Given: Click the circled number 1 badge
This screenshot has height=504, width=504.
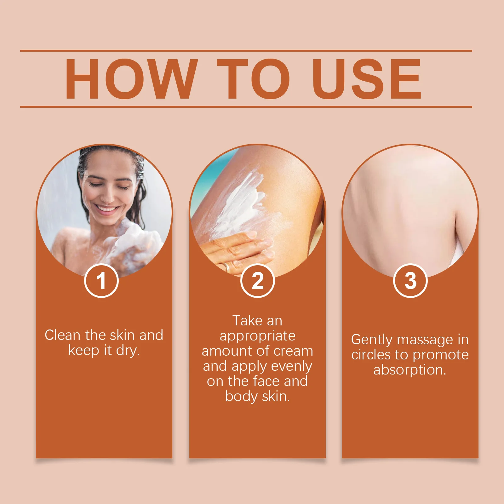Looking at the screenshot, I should click(101, 281).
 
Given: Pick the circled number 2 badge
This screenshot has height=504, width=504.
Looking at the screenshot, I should click(257, 281).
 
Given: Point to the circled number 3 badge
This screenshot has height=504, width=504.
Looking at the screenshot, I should click(410, 281).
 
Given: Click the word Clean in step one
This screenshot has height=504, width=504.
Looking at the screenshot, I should click(62, 335).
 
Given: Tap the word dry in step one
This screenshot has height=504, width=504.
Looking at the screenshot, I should click(127, 350).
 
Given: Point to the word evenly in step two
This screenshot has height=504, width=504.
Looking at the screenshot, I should click(291, 366).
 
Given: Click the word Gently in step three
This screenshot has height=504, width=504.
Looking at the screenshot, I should click(372, 340).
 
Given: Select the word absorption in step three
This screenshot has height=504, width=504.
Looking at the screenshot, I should click(409, 370).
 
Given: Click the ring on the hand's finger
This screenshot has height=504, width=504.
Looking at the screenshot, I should click(226, 267).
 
